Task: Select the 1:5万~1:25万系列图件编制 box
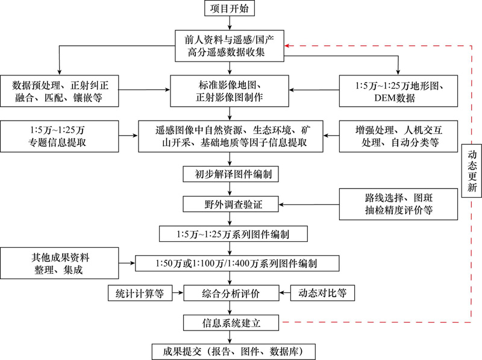click(x=232, y=233)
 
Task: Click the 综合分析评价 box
click(x=232, y=294)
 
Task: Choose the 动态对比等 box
click(x=322, y=294)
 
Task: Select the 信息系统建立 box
click(x=232, y=323)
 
